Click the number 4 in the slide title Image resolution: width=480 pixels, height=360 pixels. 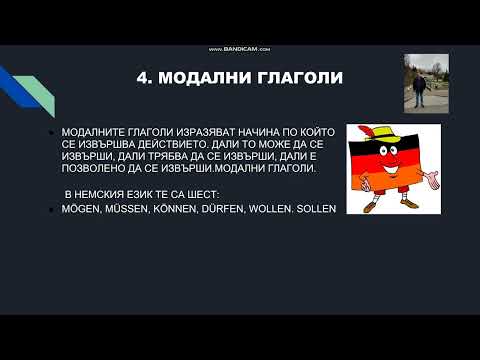pyautogui.click(x=140, y=78)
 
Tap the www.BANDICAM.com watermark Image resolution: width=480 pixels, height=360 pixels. pyautogui.click(x=240, y=50)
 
